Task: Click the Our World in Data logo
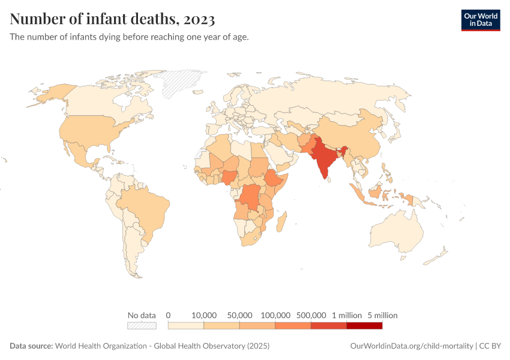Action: (x=480, y=20)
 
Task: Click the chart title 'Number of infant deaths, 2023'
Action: (x=112, y=19)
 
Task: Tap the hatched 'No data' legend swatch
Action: (x=142, y=326)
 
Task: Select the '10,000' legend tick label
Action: (x=204, y=315)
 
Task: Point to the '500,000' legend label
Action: (x=311, y=315)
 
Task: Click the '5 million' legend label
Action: (x=382, y=315)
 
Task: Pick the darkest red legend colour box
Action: (x=364, y=326)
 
